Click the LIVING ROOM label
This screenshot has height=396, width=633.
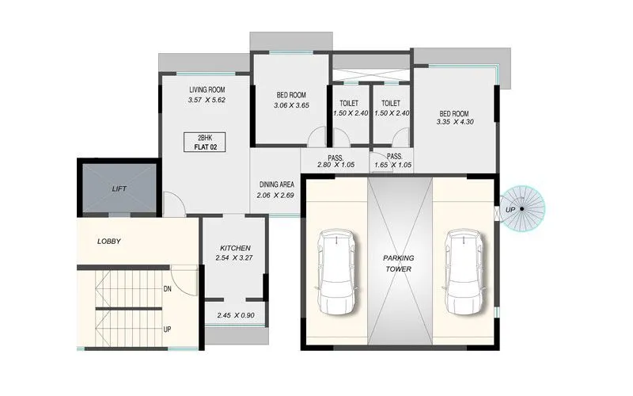(207, 89)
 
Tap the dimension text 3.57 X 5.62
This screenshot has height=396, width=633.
(207, 101)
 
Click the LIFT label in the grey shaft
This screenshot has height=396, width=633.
(119, 188)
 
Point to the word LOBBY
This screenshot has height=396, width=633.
(109, 241)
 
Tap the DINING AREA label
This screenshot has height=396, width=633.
(277, 184)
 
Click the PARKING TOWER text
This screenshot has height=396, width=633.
(400, 264)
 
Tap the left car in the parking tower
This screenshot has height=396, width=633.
(335, 272)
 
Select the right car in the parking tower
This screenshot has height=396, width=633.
(463, 272)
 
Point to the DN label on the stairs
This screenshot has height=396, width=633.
(168, 289)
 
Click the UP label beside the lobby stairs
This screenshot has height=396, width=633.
(168, 328)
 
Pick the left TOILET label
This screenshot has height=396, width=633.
(349, 104)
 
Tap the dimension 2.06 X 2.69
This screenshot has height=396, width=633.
(277, 195)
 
